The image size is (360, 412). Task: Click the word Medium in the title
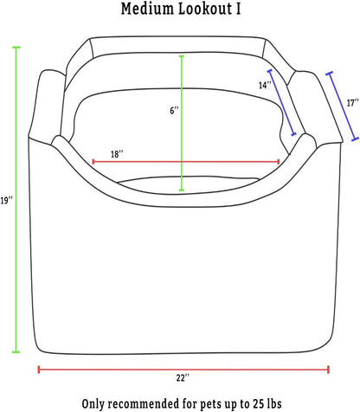click(x=147, y=9)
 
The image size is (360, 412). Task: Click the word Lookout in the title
click(x=206, y=9)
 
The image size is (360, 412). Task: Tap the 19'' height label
click(x=6, y=200)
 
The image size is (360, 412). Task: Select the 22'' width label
click(x=183, y=377)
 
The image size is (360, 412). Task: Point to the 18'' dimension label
click(x=117, y=154)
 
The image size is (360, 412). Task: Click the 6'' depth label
click(x=174, y=110)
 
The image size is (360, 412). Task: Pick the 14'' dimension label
click(x=265, y=85)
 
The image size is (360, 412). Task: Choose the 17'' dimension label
click(x=352, y=103)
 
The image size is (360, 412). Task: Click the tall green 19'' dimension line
click(x=16, y=200)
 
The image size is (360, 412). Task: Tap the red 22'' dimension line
click(x=183, y=370)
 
